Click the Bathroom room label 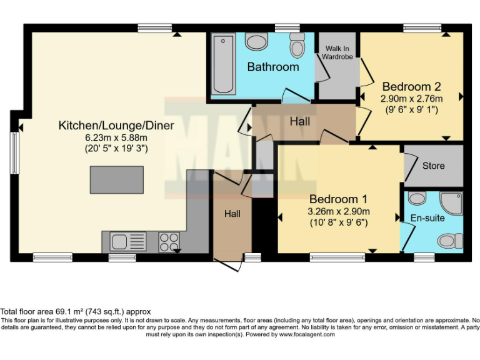pyautogui.click(x=272, y=67)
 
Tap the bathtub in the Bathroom pyautogui.click(x=222, y=64)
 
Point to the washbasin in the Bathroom pyautogui.click(x=256, y=42)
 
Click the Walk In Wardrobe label pyautogui.click(x=337, y=52)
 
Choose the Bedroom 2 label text pyautogui.click(x=412, y=87)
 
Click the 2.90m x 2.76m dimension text pyautogui.click(x=412, y=99)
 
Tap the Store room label pyautogui.click(x=433, y=166)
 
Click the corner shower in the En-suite pyautogui.click(x=451, y=201)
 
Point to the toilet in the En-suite pyautogui.click(x=450, y=241)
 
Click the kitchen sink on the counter pyautogui.click(x=127, y=241)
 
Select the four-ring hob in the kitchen pyautogui.click(x=168, y=241)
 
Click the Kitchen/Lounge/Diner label pyautogui.click(x=116, y=126)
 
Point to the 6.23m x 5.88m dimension pyautogui.click(x=116, y=137)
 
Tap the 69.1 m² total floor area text pyautogui.click(x=75, y=311)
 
